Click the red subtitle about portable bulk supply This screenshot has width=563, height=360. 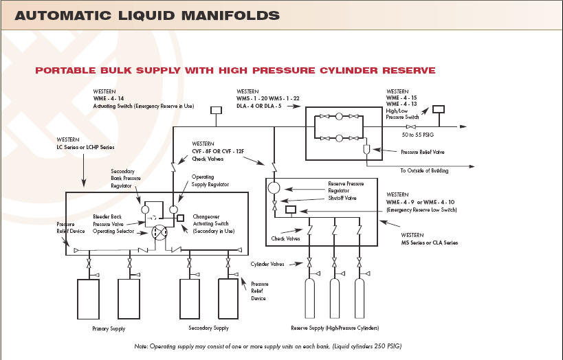coord(235,70)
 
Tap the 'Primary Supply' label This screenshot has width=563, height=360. coord(109,329)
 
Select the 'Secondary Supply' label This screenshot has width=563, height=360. coord(208,328)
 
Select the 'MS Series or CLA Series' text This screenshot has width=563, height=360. coord(430,243)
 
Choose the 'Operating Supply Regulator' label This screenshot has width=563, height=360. coord(209,181)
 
